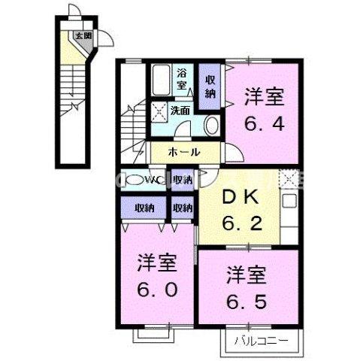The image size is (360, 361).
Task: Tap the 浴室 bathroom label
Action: click(x=182, y=80)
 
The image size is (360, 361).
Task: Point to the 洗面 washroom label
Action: click(x=180, y=111)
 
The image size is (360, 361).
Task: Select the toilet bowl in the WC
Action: click(x=133, y=180)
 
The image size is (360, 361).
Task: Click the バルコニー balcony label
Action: click(x=262, y=342)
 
